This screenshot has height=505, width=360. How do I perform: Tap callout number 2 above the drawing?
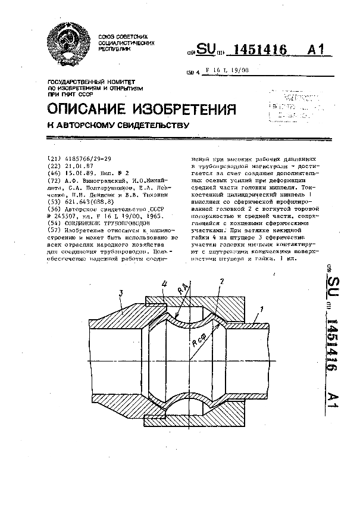[221, 280]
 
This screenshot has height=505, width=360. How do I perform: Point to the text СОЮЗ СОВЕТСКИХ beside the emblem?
[119, 36]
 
